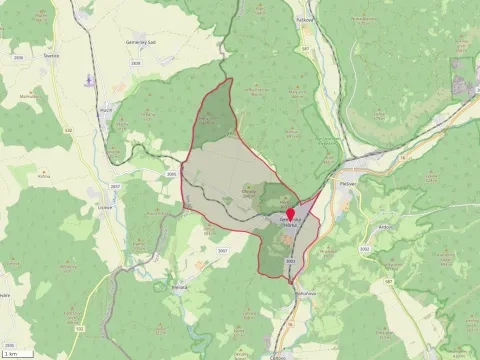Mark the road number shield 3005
point(172,174)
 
